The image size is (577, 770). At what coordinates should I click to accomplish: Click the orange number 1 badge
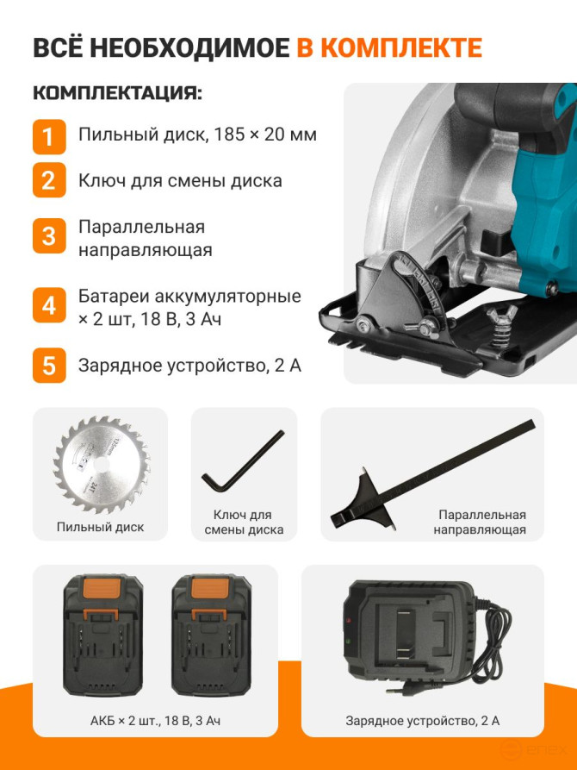(49, 135)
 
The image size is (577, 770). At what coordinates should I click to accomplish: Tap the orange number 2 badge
(49, 181)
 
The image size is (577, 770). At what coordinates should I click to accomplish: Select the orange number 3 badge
(49, 236)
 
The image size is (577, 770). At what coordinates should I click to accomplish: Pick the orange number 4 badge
(49, 306)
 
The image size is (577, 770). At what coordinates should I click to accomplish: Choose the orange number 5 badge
(49, 365)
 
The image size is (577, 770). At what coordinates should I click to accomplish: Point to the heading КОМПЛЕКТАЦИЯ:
(117, 93)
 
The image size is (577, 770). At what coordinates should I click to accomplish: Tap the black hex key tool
(242, 463)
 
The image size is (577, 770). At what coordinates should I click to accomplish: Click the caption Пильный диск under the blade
(100, 527)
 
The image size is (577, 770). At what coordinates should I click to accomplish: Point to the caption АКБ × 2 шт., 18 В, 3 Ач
(155, 719)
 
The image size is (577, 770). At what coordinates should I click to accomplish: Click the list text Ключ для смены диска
(179, 181)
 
